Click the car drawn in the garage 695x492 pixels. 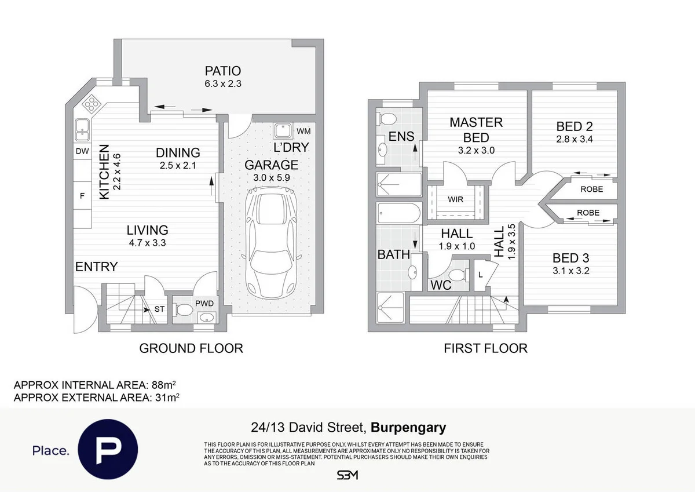click(271, 243)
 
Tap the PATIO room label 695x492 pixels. click(223, 71)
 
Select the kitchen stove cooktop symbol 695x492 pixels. click(92, 103)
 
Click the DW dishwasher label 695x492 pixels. click(82, 151)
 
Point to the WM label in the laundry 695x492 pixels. click(303, 132)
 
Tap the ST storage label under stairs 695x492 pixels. click(159, 309)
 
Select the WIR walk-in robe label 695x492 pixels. click(455, 199)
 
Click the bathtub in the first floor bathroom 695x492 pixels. click(399, 213)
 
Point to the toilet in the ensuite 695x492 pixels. click(387, 119)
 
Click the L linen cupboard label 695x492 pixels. click(481, 275)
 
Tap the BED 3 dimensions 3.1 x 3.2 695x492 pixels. click(571, 271)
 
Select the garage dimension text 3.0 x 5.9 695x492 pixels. click(272, 178)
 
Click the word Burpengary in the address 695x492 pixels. click(408, 428)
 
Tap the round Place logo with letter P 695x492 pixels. click(108, 449)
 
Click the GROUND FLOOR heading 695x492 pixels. click(191, 348)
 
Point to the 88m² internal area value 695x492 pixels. click(163, 385)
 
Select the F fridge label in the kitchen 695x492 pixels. click(82, 196)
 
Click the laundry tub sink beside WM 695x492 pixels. click(283, 131)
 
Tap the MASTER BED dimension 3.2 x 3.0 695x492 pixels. click(476, 151)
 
